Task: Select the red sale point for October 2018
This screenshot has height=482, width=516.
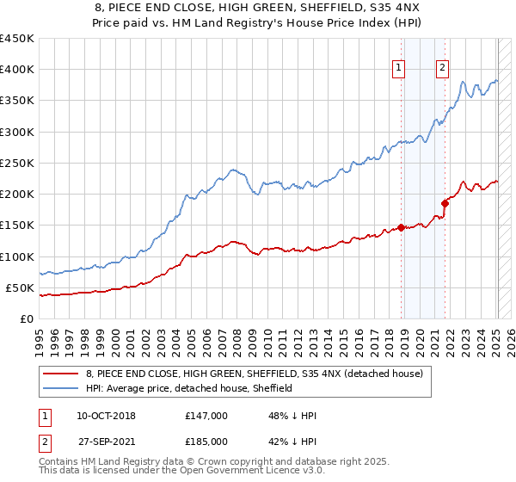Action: (401, 228)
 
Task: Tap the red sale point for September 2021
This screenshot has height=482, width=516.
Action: (445, 204)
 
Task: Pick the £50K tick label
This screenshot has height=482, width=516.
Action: (21, 287)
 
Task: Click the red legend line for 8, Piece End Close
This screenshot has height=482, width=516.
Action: (61, 374)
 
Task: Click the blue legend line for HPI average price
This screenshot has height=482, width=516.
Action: (61, 389)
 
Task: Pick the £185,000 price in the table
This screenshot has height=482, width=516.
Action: (206, 442)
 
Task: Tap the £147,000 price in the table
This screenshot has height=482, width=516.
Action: (206, 416)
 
